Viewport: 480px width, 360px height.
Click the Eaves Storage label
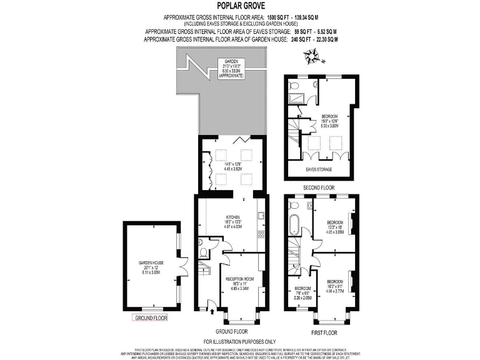(319, 169)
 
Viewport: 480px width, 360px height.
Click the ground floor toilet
(203, 252)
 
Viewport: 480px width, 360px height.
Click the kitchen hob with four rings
(261, 235)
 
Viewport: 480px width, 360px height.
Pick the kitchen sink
(262, 216)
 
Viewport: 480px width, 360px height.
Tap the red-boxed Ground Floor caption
(151, 318)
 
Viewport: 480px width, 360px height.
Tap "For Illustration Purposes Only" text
(239, 342)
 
